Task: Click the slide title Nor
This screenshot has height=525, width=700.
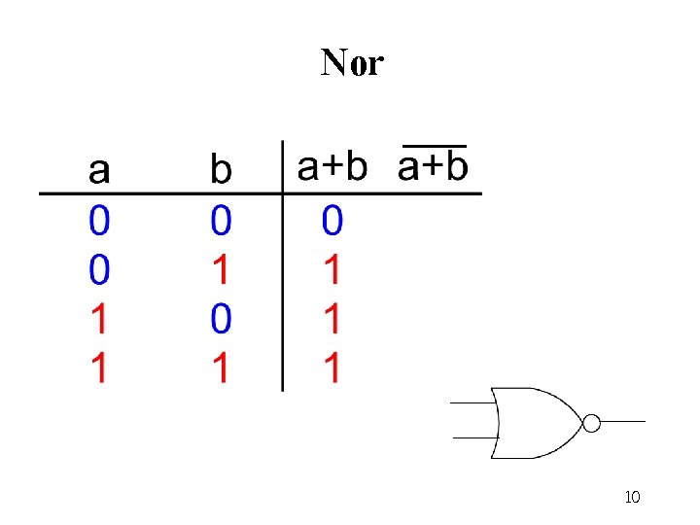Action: [x=352, y=63]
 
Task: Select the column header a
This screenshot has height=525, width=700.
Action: [x=99, y=171]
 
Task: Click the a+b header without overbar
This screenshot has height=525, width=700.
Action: [x=332, y=167]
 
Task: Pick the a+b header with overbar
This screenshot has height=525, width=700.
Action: [x=434, y=166]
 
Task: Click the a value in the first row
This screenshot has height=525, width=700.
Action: [x=99, y=222]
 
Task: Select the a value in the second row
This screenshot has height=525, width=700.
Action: [x=99, y=269]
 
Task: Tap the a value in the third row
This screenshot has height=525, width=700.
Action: [x=99, y=318]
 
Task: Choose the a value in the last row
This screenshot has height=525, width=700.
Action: [x=99, y=367]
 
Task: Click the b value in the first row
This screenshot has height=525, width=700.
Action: [x=221, y=222]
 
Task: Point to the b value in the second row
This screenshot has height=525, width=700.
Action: [x=221, y=269]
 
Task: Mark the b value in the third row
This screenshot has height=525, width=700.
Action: [x=221, y=318]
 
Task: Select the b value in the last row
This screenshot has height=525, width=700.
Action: [x=221, y=367]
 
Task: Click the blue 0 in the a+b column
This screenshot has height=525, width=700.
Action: [x=332, y=222]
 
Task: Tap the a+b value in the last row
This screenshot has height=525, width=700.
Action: [x=332, y=367]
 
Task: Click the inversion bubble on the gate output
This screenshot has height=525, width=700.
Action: [x=590, y=422]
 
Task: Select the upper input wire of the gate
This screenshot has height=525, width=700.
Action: [x=474, y=403]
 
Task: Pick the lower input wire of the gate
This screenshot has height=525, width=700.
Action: [x=474, y=438]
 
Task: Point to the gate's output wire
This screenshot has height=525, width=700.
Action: [x=622, y=422]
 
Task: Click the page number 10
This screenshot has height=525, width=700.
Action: [x=632, y=498]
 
